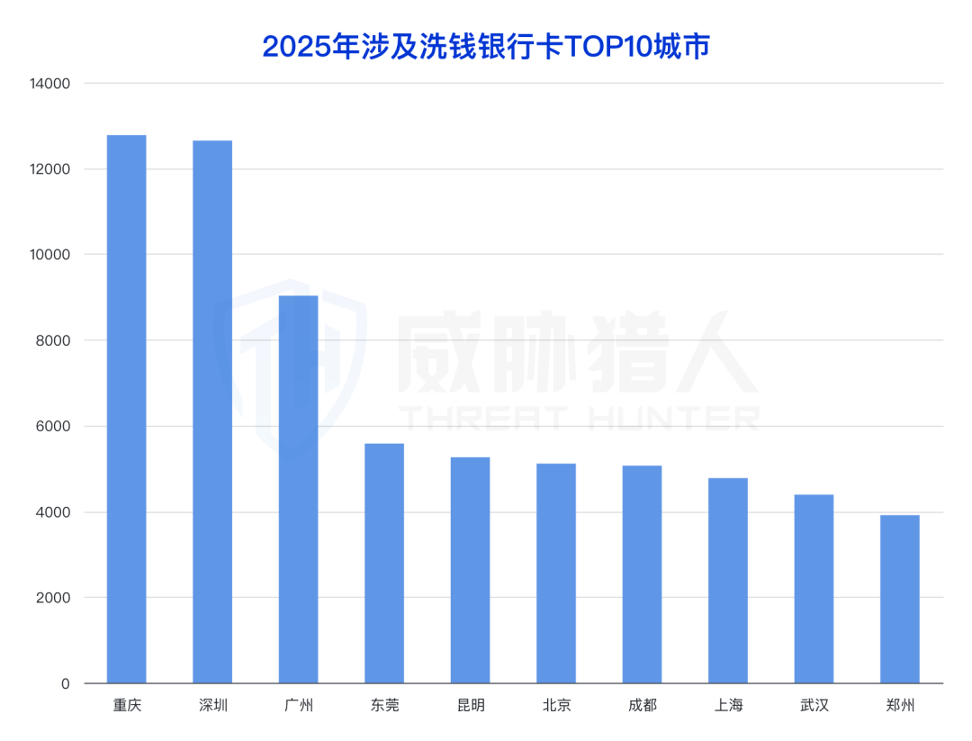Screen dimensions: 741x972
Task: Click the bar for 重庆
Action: [126, 409]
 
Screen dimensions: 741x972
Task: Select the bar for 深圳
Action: [212, 411]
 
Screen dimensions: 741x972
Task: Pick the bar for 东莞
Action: [384, 563]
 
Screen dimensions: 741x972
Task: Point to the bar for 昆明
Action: [470, 570]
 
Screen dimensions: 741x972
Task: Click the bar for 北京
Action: [556, 573]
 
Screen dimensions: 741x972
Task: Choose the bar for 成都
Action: [642, 574]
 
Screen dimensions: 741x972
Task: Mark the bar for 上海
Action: [728, 580]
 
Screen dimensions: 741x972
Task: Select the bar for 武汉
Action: [814, 589]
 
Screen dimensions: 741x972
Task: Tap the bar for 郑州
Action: [900, 599]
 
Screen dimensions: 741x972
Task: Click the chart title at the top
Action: [486, 46]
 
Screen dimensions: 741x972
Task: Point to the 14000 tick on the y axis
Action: [49, 84]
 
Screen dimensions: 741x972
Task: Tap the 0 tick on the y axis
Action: [65, 683]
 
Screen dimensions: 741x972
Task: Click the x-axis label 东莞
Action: [384, 705]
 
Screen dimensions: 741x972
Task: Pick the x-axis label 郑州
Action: [900, 705]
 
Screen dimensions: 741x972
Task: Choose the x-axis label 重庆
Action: [126, 705]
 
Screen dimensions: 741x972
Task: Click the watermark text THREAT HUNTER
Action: [579, 418]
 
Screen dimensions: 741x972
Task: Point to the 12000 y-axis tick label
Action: [49, 169]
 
